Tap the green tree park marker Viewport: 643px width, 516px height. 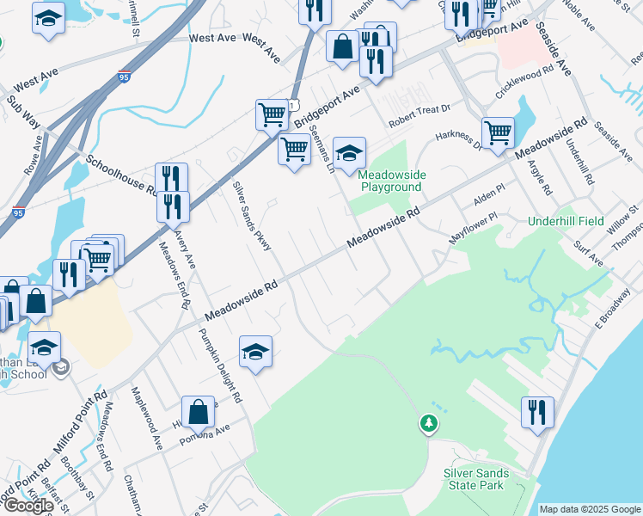point(427,423)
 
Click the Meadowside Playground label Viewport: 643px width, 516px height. point(392,181)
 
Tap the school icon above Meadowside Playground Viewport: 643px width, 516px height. point(349,153)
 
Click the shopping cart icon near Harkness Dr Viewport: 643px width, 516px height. point(498,132)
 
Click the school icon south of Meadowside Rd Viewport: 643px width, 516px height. point(255,352)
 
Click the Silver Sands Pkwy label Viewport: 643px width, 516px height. point(252,216)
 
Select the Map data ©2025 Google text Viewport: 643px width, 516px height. point(590,509)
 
